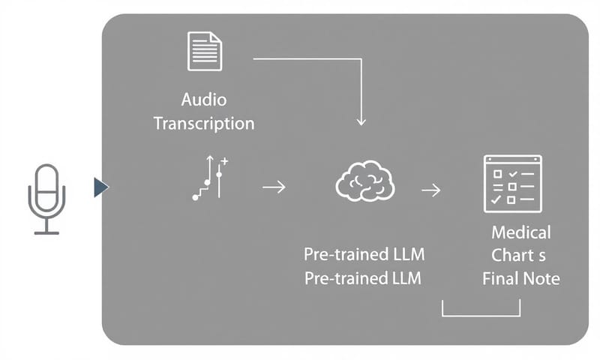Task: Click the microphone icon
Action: pyautogui.click(x=46, y=190)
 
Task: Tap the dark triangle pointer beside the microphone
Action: pyautogui.click(x=100, y=187)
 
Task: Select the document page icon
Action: pyautogui.click(x=205, y=51)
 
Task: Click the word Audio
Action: pyautogui.click(x=203, y=100)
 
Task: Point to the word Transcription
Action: pyautogui.click(x=203, y=124)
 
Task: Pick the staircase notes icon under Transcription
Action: pyautogui.click(x=210, y=178)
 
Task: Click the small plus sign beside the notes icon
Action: pyautogui.click(x=225, y=162)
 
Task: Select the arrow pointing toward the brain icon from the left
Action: pyautogui.click(x=274, y=187)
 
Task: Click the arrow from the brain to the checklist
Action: pyautogui.click(x=430, y=190)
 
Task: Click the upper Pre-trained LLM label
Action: pyautogui.click(x=362, y=255)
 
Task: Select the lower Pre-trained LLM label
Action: pyautogui.click(x=362, y=279)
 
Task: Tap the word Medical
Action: pyautogui.click(x=521, y=232)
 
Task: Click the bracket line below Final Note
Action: pyautogui.click(x=481, y=316)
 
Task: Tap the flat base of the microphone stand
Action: pyautogui.click(x=46, y=233)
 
